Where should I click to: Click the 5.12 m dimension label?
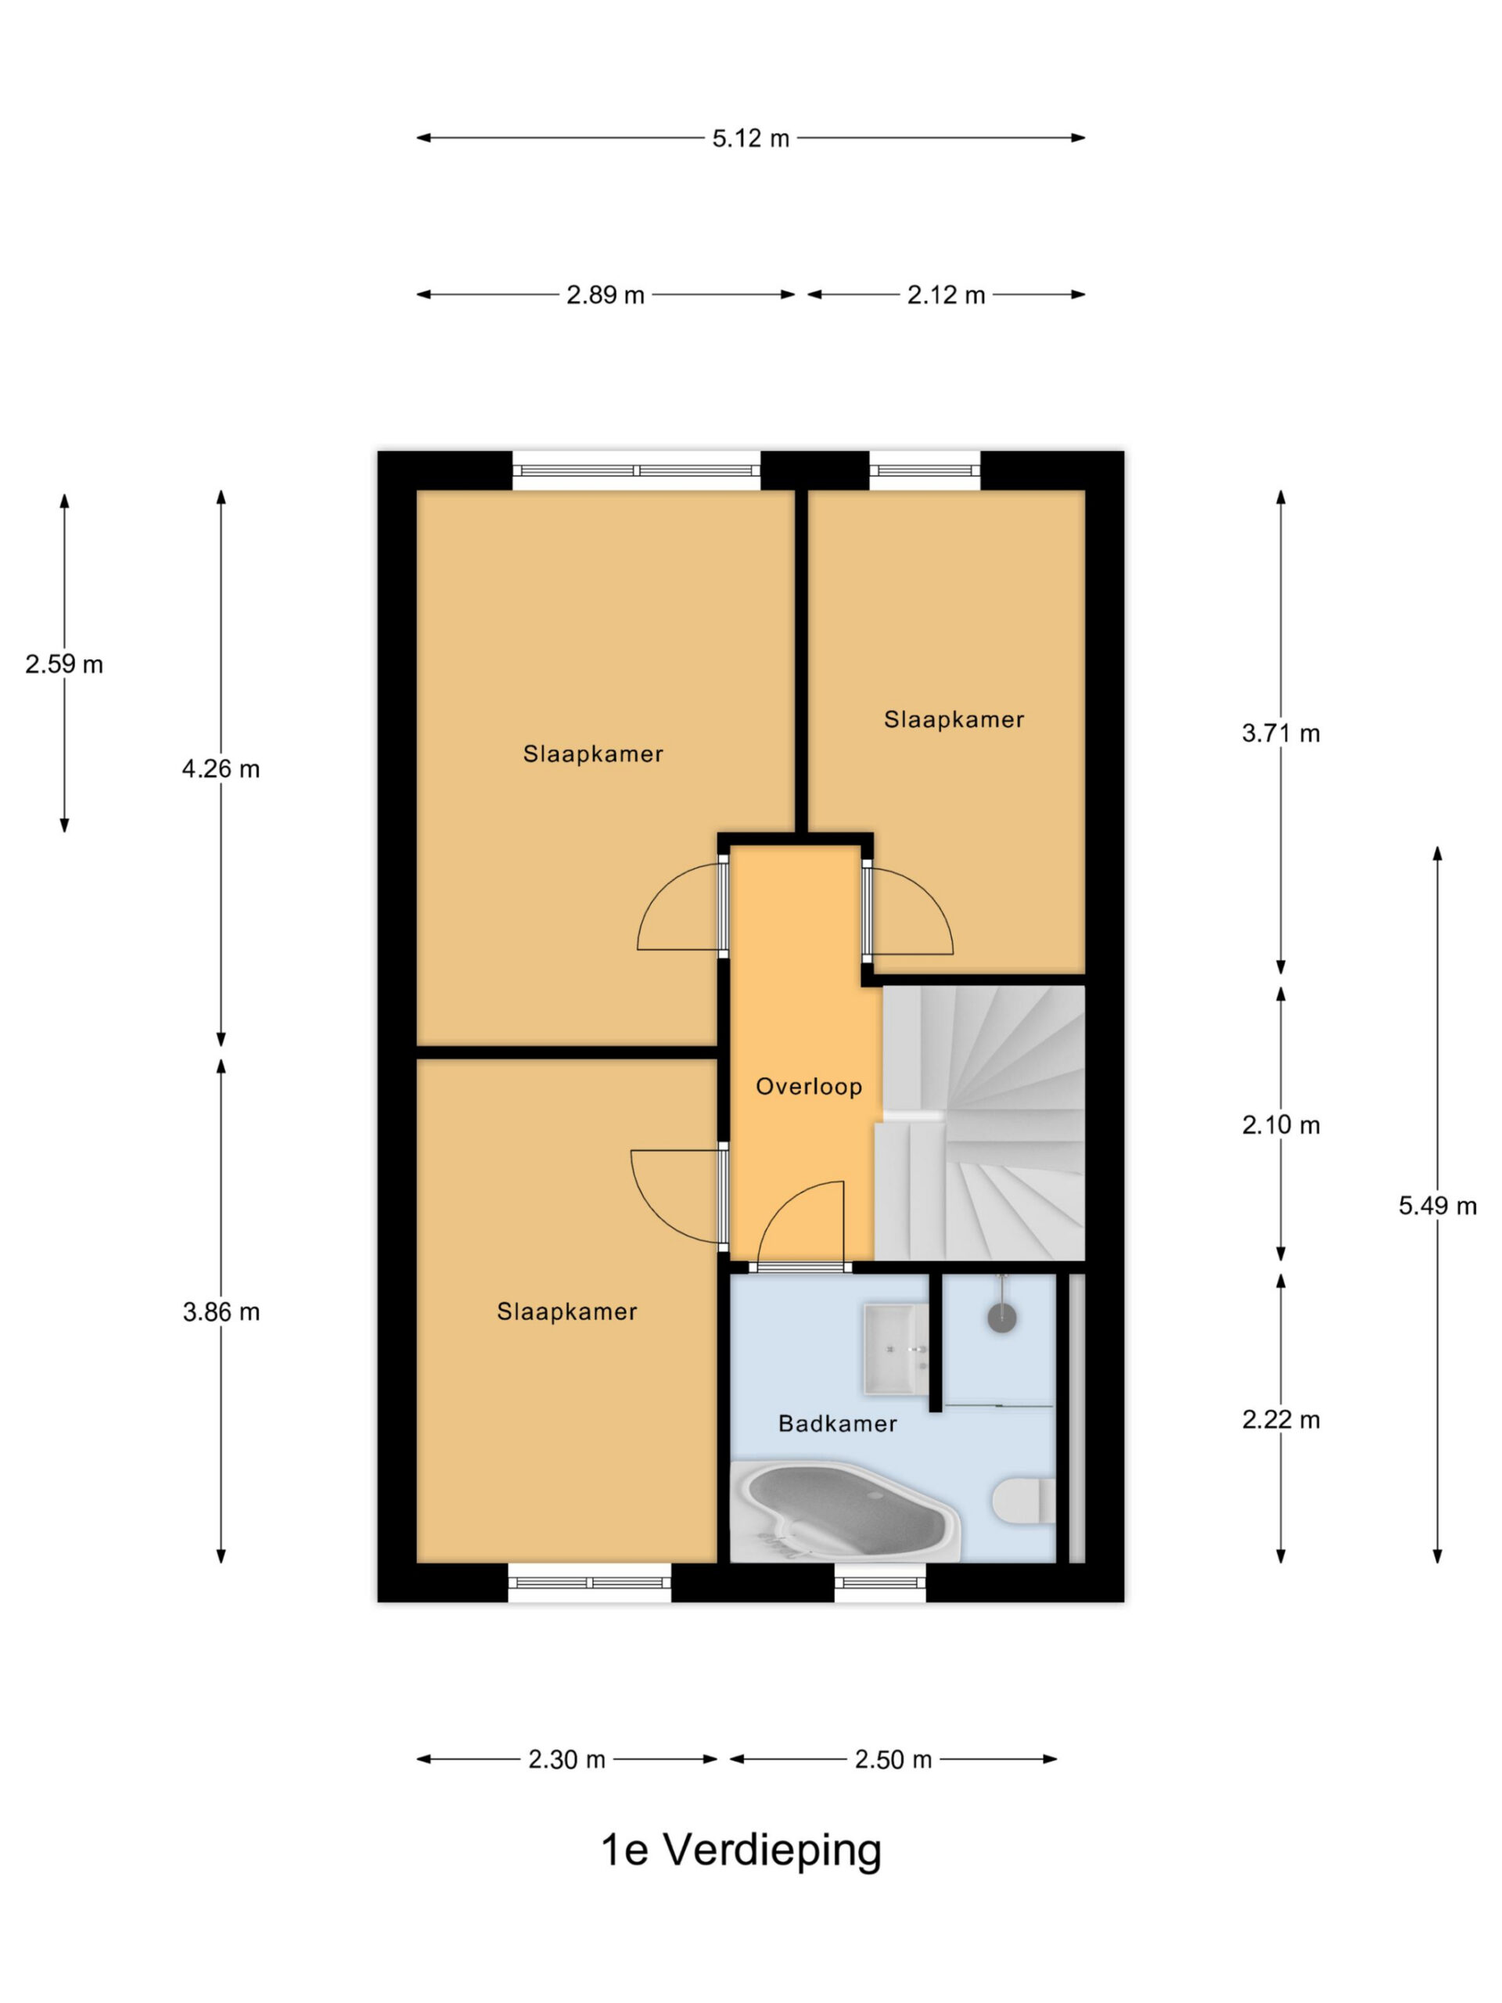coord(749,138)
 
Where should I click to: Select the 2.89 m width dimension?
coord(605,295)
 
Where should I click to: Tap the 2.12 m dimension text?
coord(945,295)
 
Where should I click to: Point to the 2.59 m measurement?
coord(64,663)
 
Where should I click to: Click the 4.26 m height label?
coord(221,769)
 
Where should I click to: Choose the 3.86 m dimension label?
coord(221,1311)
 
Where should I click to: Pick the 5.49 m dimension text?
coord(1437,1205)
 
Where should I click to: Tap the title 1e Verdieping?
coord(741,1850)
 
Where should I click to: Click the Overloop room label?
coord(808,1087)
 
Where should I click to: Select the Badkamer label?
coord(838,1423)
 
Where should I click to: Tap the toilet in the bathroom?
coord(1024,1501)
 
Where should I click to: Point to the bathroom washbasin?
coord(897,1348)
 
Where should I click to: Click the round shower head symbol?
coord(1001,1318)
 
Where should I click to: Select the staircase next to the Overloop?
coord(979,1123)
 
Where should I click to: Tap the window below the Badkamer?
coord(880,1584)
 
